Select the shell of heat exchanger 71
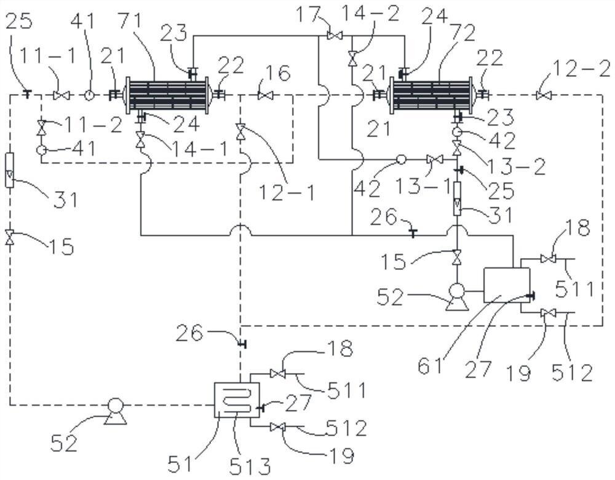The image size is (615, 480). coord(167,95)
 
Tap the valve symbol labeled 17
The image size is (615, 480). coord(335,36)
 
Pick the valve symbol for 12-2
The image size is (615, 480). coord(544,95)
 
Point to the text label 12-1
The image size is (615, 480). coord(287,192)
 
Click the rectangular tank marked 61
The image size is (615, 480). coord(506,285)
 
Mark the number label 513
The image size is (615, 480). coord(250,466)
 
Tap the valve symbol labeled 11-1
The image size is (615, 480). coord(61,95)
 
